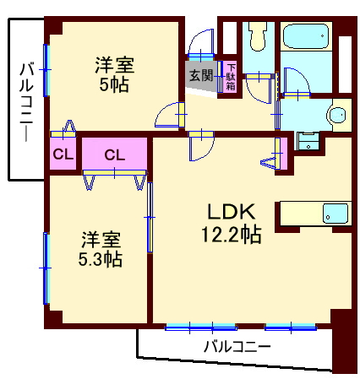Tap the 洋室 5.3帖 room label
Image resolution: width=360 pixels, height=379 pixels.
coord(101,248)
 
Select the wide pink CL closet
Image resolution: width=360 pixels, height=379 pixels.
coord(115,154)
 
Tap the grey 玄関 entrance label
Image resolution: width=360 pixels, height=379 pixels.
coord(201,76)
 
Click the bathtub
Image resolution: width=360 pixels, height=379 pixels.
coord(306,38)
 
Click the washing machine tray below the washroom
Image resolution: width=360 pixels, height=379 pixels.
coord(308,141)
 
